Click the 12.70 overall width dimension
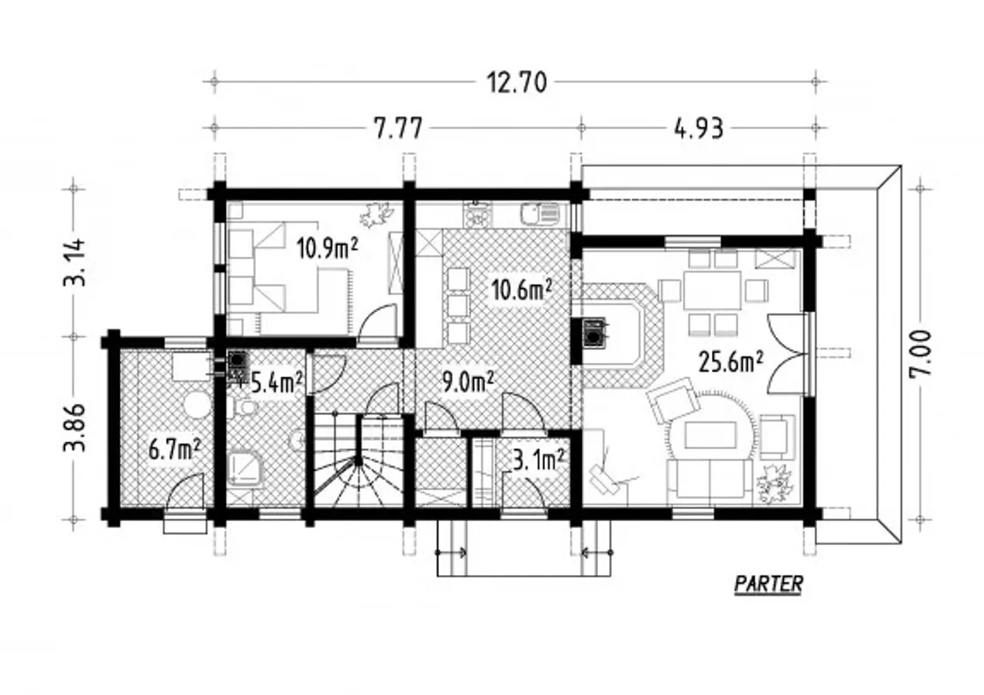click(x=517, y=83)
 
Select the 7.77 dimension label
click(x=398, y=128)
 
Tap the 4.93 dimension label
click(x=699, y=129)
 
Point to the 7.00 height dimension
click(x=920, y=353)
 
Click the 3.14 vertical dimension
click(x=74, y=262)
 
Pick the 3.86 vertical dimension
click(x=74, y=427)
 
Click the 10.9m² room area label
click(x=327, y=248)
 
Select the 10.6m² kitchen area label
click(x=521, y=290)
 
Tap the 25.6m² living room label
click(x=730, y=362)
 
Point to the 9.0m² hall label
click(x=468, y=381)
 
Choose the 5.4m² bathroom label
click(x=276, y=384)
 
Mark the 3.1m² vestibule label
click(x=539, y=460)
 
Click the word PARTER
click(x=768, y=584)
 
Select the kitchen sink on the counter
click(x=540, y=214)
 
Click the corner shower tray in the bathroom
click(x=245, y=468)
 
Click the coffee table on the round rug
click(x=710, y=434)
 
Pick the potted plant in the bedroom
click(x=376, y=214)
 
